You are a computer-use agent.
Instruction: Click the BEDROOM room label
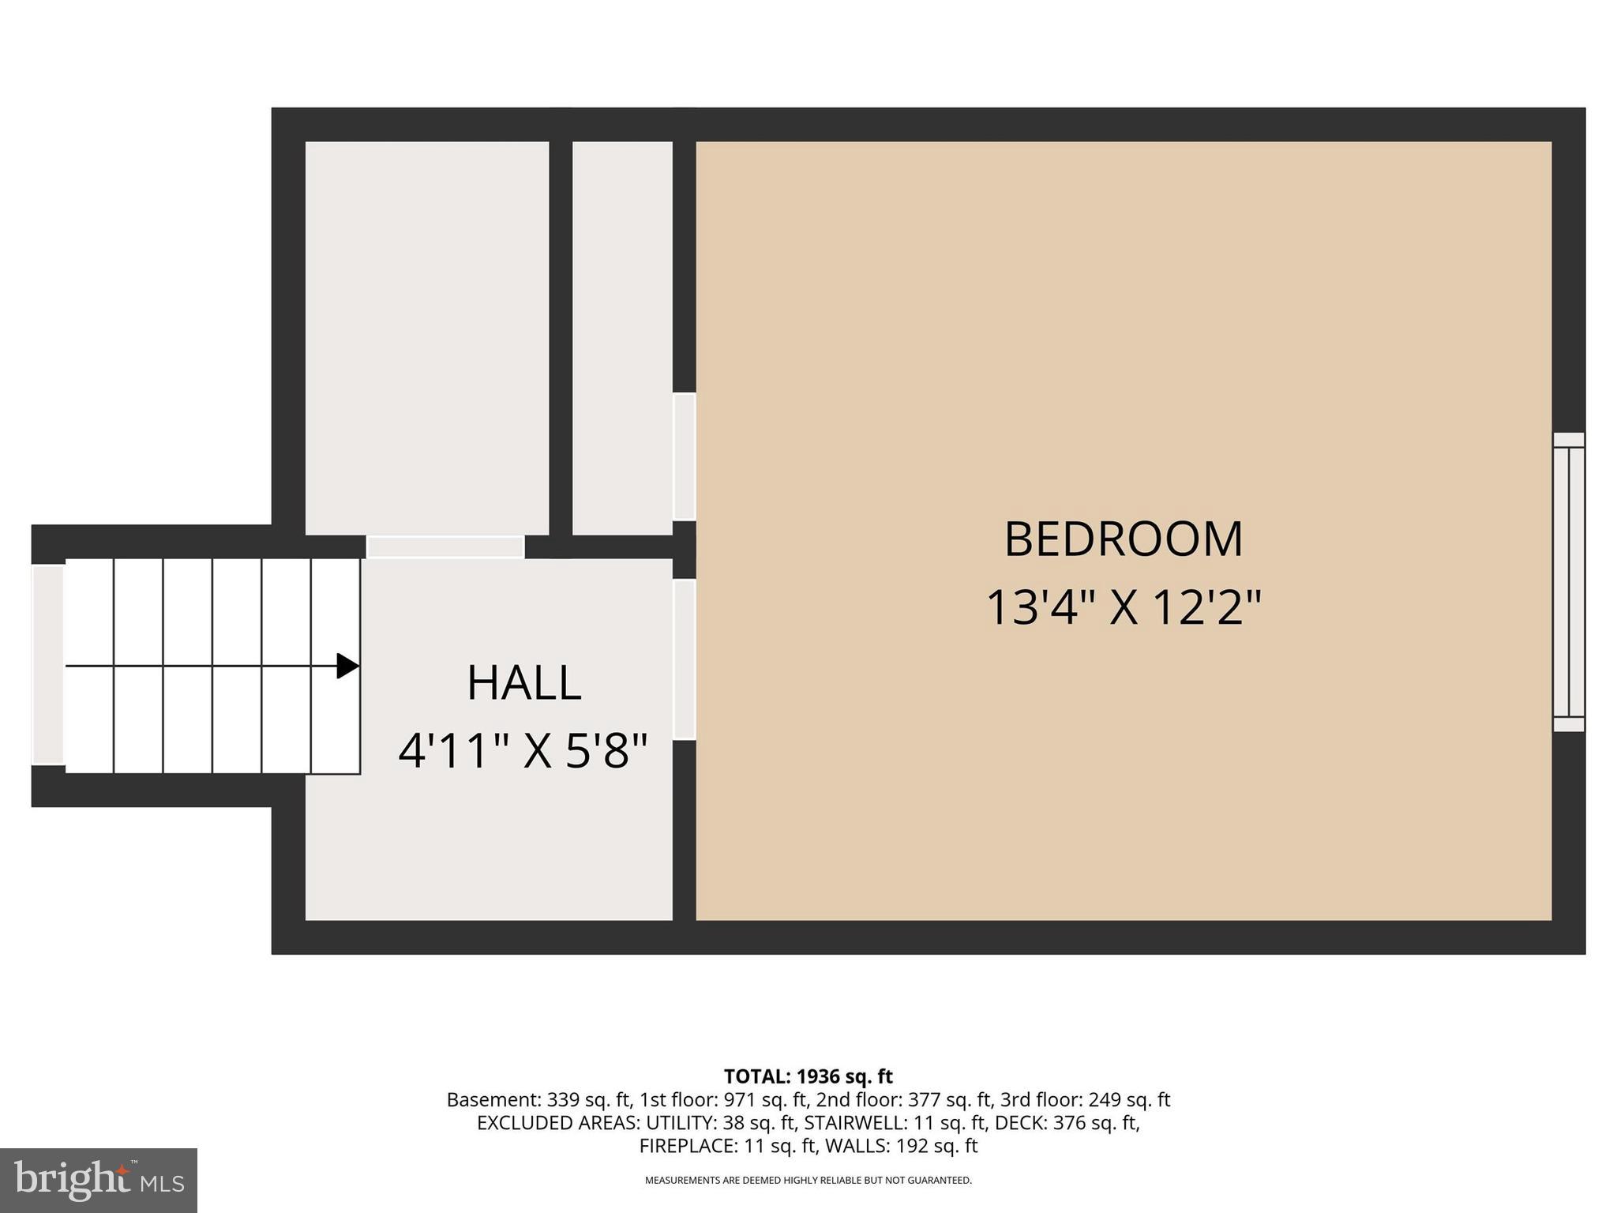tap(1123, 539)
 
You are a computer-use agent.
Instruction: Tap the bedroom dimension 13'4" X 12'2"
tap(1123, 608)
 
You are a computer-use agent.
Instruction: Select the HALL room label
tap(523, 683)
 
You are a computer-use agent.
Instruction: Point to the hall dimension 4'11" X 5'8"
tap(523, 751)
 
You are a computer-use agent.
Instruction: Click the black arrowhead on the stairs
tap(347, 666)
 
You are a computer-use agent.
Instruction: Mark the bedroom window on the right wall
tap(1568, 582)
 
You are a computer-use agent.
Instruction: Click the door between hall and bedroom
tap(684, 660)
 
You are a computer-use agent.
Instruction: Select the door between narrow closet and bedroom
tap(684, 456)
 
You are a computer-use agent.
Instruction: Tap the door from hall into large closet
tap(445, 546)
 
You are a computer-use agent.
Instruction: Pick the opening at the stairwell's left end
tap(47, 665)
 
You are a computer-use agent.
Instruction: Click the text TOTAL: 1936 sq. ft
tap(808, 1076)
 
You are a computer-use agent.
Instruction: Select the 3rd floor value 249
tap(1104, 1100)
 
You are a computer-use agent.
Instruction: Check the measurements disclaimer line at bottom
tap(808, 1181)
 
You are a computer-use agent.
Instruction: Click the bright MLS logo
tap(98, 1180)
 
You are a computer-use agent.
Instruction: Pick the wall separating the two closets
tap(560, 338)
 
